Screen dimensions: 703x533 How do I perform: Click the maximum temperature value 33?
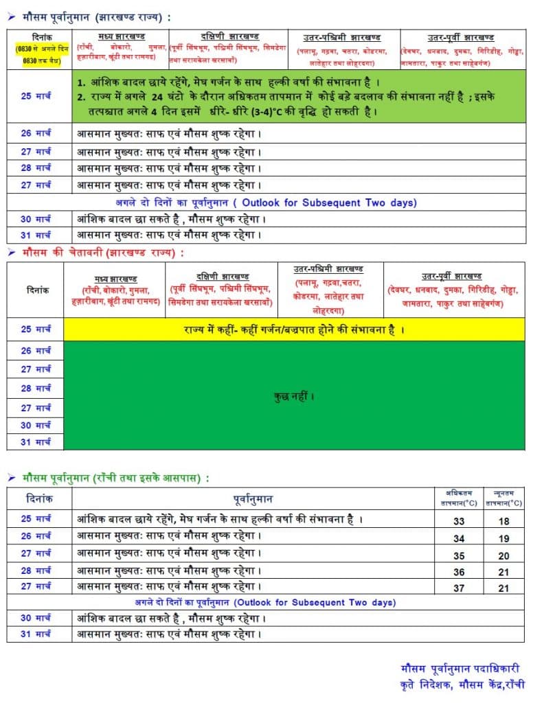click(x=459, y=521)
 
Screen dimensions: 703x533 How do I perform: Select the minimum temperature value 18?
click(x=504, y=521)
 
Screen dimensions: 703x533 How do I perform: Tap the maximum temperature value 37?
click(x=459, y=588)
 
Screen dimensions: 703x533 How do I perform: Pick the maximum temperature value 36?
click(x=459, y=571)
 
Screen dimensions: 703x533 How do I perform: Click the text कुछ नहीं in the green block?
click(x=293, y=396)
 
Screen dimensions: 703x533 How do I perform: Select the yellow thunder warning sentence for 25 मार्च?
click(x=293, y=330)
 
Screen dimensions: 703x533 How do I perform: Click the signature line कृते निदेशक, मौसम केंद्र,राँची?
click(x=462, y=684)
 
